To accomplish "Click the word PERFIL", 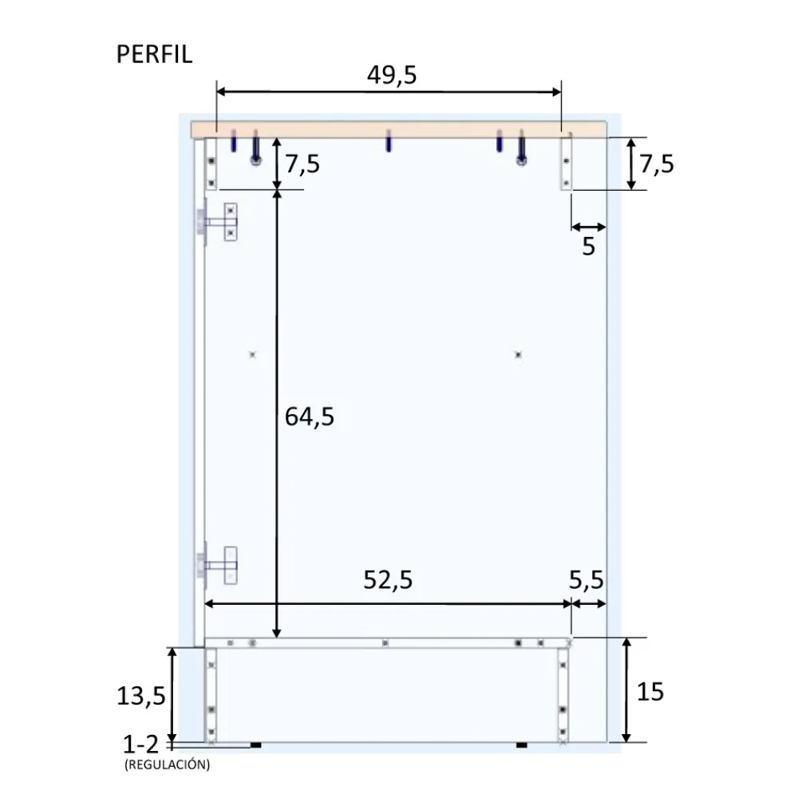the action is [x=154, y=54].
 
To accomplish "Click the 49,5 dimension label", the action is [x=392, y=75].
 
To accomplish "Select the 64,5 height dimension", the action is [x=310, y=417].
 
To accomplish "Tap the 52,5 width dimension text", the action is [x=388, y=579].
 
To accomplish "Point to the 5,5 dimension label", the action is [x=586, y=579].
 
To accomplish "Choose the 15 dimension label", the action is [x=650, y=692].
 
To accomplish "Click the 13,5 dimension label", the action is [x=141, y=696].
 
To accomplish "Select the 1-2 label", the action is [x=141, y=745].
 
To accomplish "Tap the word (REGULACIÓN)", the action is [x=167, y=764].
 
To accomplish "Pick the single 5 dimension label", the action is [x=588, y=247].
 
